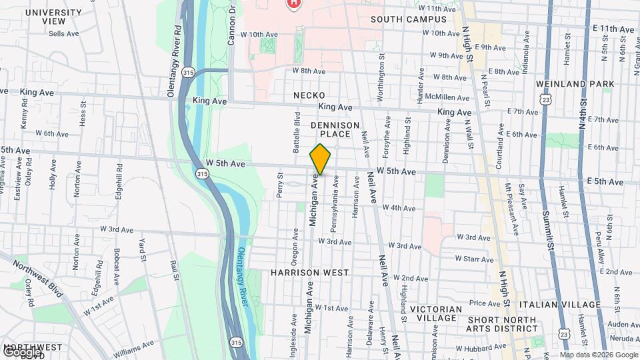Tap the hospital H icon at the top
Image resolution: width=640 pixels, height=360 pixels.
292,3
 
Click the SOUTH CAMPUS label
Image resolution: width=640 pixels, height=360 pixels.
405,19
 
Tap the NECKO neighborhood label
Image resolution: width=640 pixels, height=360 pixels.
309,96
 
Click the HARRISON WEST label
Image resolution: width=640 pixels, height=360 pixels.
309,273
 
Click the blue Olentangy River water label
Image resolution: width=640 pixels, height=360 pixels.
242,277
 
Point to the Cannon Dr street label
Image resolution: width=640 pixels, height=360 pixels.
232,23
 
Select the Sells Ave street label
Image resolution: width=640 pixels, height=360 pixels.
64,33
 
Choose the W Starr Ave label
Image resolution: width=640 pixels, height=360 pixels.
473,259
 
